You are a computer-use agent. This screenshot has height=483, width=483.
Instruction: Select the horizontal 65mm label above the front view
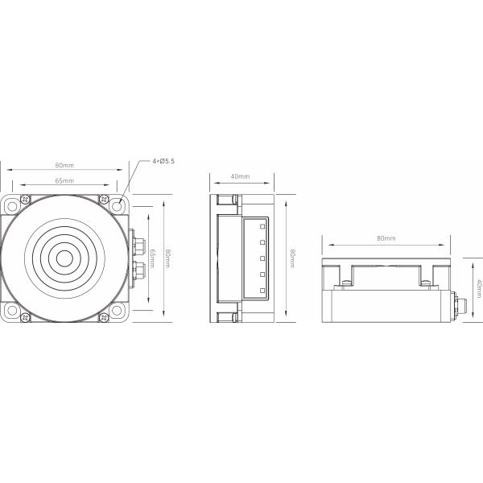(x=64, y=181)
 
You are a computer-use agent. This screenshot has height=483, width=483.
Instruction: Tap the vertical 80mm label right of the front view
(x=167, y=258)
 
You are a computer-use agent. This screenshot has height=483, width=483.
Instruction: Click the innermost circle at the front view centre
(x=64, y=258)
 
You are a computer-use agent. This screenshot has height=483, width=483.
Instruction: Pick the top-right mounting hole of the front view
(x=118, y=204)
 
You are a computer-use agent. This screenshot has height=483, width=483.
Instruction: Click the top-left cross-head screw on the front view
(x=25, y=199)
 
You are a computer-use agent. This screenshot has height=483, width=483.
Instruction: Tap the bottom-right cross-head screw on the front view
(x=103, y=317)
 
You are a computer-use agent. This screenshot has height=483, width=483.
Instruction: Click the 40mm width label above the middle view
(x=240, y=176)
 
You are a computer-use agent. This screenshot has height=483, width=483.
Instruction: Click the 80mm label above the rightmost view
(x=386, y=238)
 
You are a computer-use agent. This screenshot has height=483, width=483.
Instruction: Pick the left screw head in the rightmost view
(x=345, y=281)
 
